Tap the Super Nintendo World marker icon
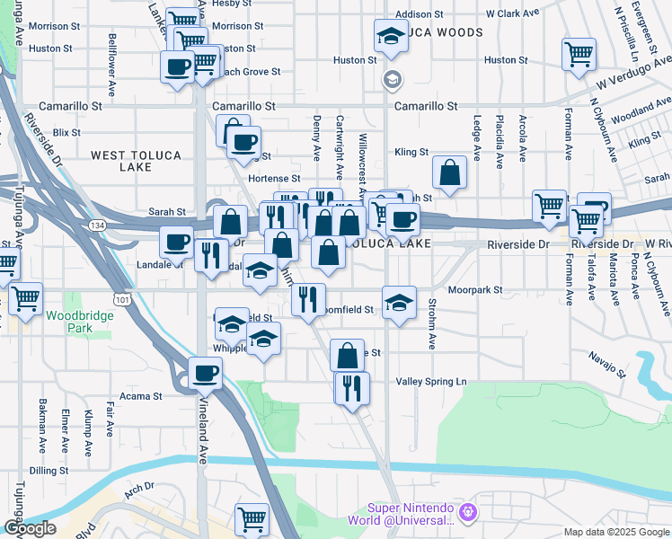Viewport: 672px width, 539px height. (465, 514)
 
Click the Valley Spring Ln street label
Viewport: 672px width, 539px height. (431, 382)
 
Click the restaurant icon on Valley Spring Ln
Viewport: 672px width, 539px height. (352, 387)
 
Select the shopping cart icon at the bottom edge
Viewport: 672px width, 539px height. (252, 518)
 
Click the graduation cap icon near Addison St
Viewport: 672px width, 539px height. (391, 37)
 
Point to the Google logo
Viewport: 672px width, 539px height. (29, 528)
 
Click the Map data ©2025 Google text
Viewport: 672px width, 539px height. (615, 532)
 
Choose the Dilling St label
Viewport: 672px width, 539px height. (49, 471)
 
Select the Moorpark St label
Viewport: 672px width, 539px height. (476, 291)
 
